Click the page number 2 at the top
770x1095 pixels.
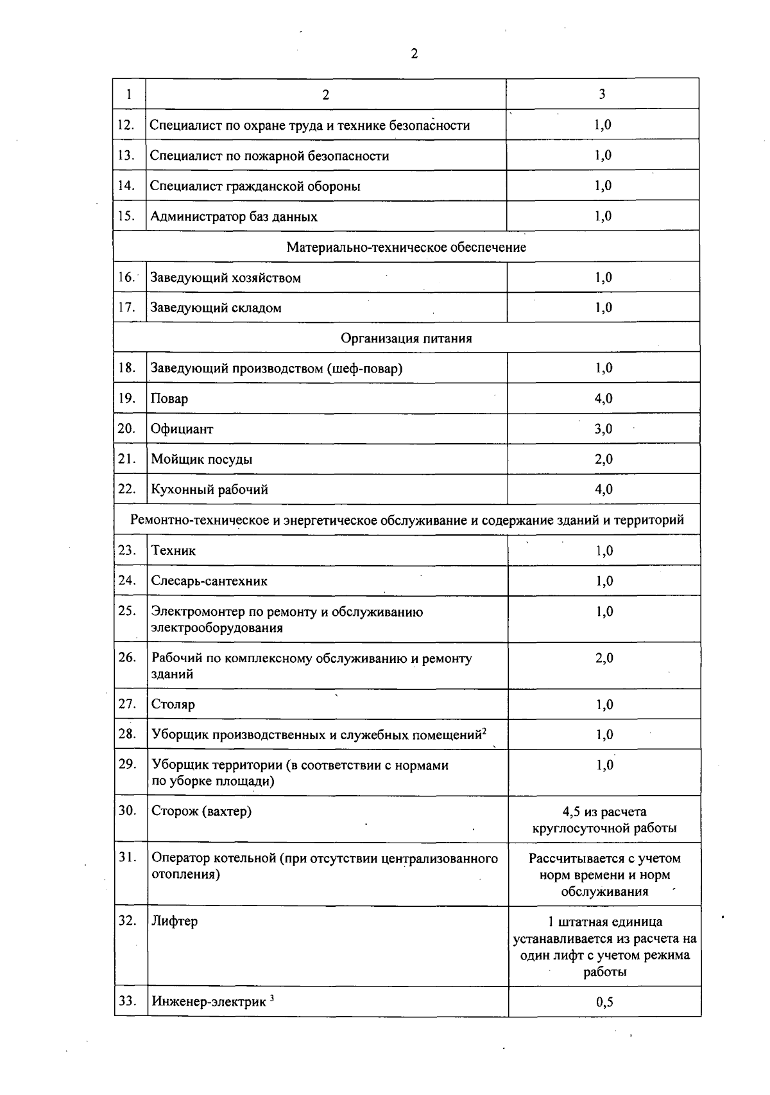(x=414, y=54)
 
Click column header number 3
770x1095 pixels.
(x=602, y=94)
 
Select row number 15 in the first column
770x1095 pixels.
(x=126, y=216)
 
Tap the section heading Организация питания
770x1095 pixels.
(x=406, y=338)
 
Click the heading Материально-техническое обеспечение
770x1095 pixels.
(x=406, y=247)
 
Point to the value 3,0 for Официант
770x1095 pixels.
(x=603, y=429)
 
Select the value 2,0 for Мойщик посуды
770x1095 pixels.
(x=603, y=459)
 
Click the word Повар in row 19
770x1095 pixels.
(x=169, y=399)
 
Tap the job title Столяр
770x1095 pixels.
(x=173, y=705)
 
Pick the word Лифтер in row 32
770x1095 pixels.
(x=175, y=922)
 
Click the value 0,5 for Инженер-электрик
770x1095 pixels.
(x=604, y=1002)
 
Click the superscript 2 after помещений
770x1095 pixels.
(x=484, y=731)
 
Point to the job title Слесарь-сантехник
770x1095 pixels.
(x=209, y=581)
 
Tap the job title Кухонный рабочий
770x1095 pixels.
(x=209, y=490)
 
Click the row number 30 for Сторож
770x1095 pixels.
(x=128, y=810)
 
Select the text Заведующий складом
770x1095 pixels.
(x=216, y=308)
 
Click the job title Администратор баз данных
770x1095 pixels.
(x=234, y=217)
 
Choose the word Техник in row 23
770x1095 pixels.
(x=173, y=551)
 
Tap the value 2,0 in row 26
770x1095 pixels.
(x=604, y=658)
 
